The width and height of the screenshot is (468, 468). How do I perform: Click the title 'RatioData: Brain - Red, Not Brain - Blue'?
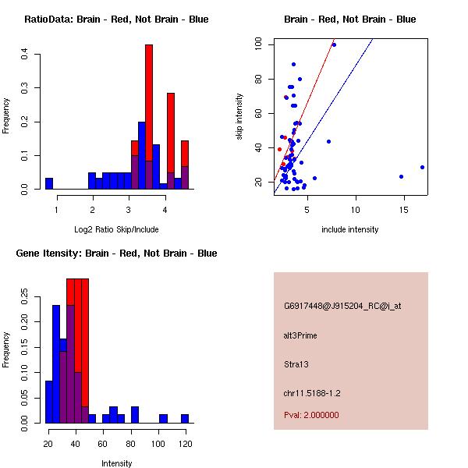click(116, 19)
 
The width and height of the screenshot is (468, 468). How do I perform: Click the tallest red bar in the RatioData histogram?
click(149, 117)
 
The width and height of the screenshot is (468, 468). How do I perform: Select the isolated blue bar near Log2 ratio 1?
click(49, 184)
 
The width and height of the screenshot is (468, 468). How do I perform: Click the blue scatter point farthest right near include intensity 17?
click(422, 167)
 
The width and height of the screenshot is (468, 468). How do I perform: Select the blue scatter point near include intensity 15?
click(401, 176)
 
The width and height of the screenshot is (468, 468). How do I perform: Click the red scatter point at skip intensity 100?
click(334, 44)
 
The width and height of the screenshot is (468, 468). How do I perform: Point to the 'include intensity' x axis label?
click(350, 229)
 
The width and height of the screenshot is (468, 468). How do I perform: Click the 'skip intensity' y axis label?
click(240, 117)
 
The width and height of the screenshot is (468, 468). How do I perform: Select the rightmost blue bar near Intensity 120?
click(185, 419)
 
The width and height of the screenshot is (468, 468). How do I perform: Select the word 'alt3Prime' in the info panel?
click(300, 335)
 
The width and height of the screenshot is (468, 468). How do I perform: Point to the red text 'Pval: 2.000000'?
click(311, 415)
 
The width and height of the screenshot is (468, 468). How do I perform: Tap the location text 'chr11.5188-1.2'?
click(312, 392)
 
